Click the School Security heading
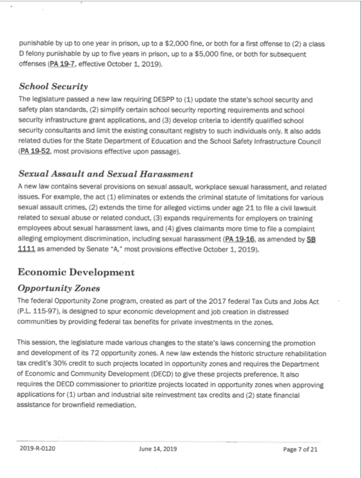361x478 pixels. (x=53, y=86)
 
